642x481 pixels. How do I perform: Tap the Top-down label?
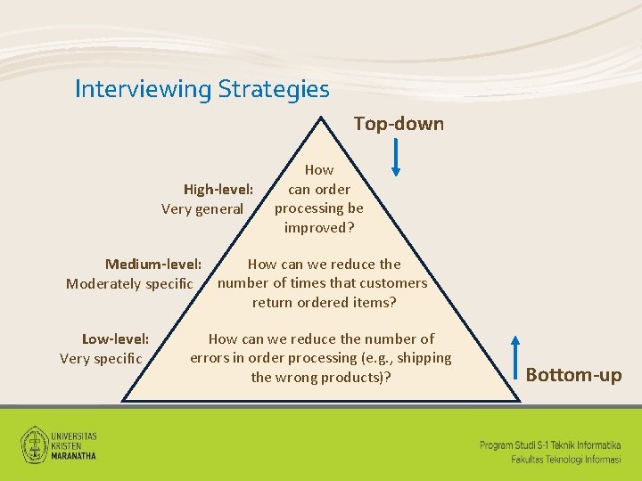[x=399, y=124]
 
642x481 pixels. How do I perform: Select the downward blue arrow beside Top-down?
[x=397, y=158]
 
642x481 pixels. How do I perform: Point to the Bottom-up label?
[x=573, y=375]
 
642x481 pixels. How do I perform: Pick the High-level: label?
[x=218, y=189]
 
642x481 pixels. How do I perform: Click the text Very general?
[x=202, y=208]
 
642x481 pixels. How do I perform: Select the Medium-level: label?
[x=153, y=264]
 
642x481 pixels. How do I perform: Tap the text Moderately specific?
[x=129, y=283]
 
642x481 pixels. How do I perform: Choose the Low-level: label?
[x=115, y=338]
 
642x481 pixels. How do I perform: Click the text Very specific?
[x=100, y=358]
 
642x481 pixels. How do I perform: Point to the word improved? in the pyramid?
[x=319, y=227]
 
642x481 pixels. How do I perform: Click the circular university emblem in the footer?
[x=35, y=443]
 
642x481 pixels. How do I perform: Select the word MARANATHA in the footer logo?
[x=74, y=455]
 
